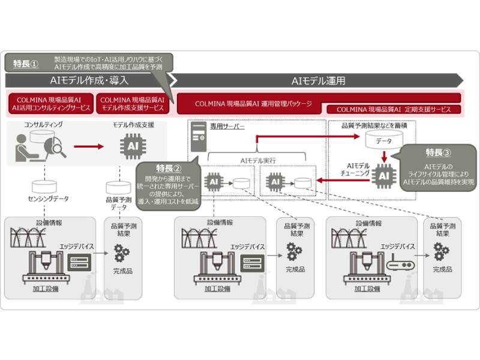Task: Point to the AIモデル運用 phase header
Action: (x=318, y=80)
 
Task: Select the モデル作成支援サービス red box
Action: (x=133, y=103)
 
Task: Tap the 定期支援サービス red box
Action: (x=393, y=110)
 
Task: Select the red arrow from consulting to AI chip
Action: (x=89, y=146)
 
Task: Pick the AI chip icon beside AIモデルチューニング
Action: (x=383, y=175)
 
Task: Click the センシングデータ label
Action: (x=41, y=197)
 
